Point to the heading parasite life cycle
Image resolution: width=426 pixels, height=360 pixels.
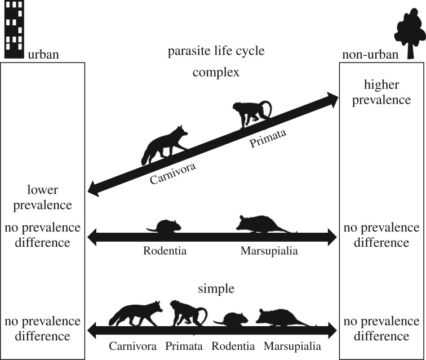tap(216, 52)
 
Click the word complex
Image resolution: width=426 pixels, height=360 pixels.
tap(216, 72)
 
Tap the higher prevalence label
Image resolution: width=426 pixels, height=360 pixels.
tap(382, 92)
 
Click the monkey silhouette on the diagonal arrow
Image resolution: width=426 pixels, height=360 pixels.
tap(252, 114)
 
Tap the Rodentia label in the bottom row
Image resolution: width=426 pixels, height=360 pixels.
tap(232, 346)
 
